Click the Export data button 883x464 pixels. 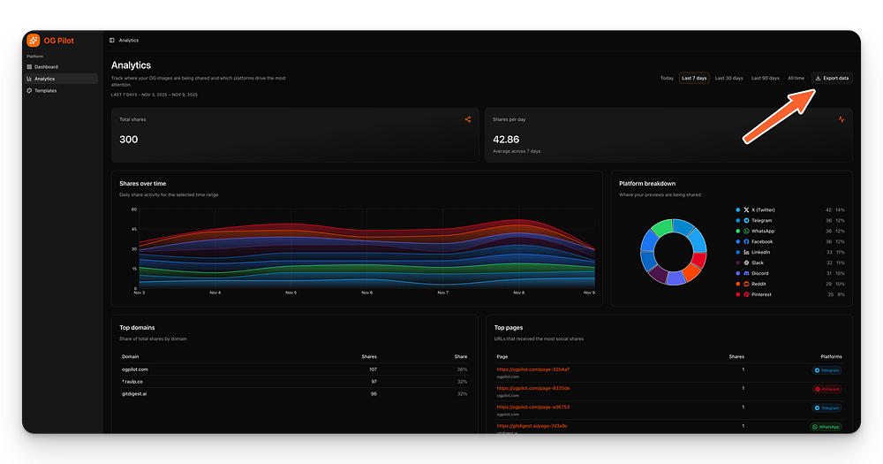pos(832,78)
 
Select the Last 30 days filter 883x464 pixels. pos(728,78)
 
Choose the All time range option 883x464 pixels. pos(796,78)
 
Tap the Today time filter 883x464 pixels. pos(667,78)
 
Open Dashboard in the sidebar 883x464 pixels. pos(46,67)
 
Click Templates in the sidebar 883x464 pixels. pos(45,90)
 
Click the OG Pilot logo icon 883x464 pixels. pos(34,40)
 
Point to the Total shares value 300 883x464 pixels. pos(129,140)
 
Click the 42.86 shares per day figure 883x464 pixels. pos(506,140)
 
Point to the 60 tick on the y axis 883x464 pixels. pos(134,209)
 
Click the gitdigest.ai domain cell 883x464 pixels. pos(134,393)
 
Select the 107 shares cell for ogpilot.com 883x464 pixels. pos(373,369)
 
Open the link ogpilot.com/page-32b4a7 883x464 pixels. pos(533,369)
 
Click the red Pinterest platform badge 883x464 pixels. pos(827,389)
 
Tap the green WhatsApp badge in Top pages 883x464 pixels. pos(826,426)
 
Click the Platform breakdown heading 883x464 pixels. pos(647,183)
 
